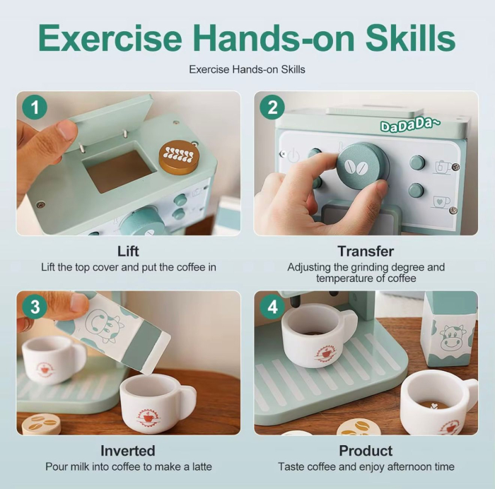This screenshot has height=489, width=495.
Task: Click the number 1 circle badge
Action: (x=35, y=109)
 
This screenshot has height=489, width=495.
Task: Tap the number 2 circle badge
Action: (x=272, y=109)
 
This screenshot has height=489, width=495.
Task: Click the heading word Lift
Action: (x=128, y=252)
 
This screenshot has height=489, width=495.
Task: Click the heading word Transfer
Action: (x=366, y=252)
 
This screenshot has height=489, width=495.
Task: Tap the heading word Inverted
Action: (x=128, y=451)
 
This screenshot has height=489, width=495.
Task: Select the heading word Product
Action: (x=366, y=451)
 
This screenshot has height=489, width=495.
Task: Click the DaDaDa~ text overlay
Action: (x=410, y=125)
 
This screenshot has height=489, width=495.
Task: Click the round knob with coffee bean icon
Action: (x=361, y=167)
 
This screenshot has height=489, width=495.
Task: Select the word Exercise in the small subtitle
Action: (x=209, y=70)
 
